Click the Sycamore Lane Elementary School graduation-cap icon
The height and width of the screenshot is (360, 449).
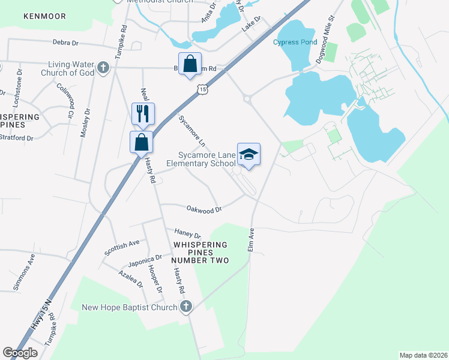pos(249,155)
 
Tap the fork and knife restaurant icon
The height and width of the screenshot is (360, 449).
pos(143,113)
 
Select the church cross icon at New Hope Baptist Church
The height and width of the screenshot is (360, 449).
pos(186,307)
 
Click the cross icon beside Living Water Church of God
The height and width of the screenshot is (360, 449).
pos(103,68)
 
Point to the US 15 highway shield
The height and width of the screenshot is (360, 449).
pos(203,89)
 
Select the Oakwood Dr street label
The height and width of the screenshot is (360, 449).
pos(205,209)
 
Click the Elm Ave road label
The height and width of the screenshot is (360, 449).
pos(251,239)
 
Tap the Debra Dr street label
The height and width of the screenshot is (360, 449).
pos(65,43)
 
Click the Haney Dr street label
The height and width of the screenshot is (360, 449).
pos(187,233)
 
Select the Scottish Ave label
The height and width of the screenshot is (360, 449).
pos(122,247)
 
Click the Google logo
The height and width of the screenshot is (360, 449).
pos(20,353)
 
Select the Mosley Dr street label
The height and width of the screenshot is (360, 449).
pos(84,123)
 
